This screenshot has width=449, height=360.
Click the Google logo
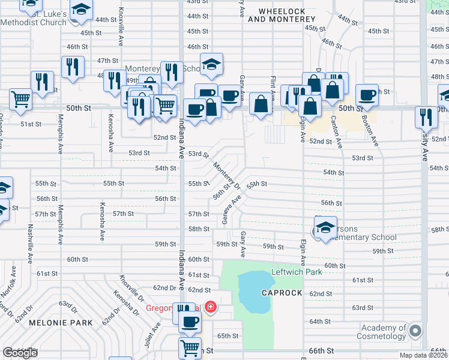click(x=20, y=353)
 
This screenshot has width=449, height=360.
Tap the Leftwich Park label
click(x=297, y=272)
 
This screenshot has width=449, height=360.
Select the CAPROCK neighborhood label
click(x=281, y=293)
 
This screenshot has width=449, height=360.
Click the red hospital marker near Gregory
click(x=210, y=308)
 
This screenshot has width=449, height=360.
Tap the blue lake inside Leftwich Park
click(x=255, y=292)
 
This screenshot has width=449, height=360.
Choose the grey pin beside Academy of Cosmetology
click(x=415, y=331)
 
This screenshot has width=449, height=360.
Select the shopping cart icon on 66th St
click(x=190, y=347)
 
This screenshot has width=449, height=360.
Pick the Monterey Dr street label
click(x=227, y=176)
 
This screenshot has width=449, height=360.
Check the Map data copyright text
click(x=424, y=355)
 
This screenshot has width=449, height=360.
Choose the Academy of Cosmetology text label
click(x=383, y=332)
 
